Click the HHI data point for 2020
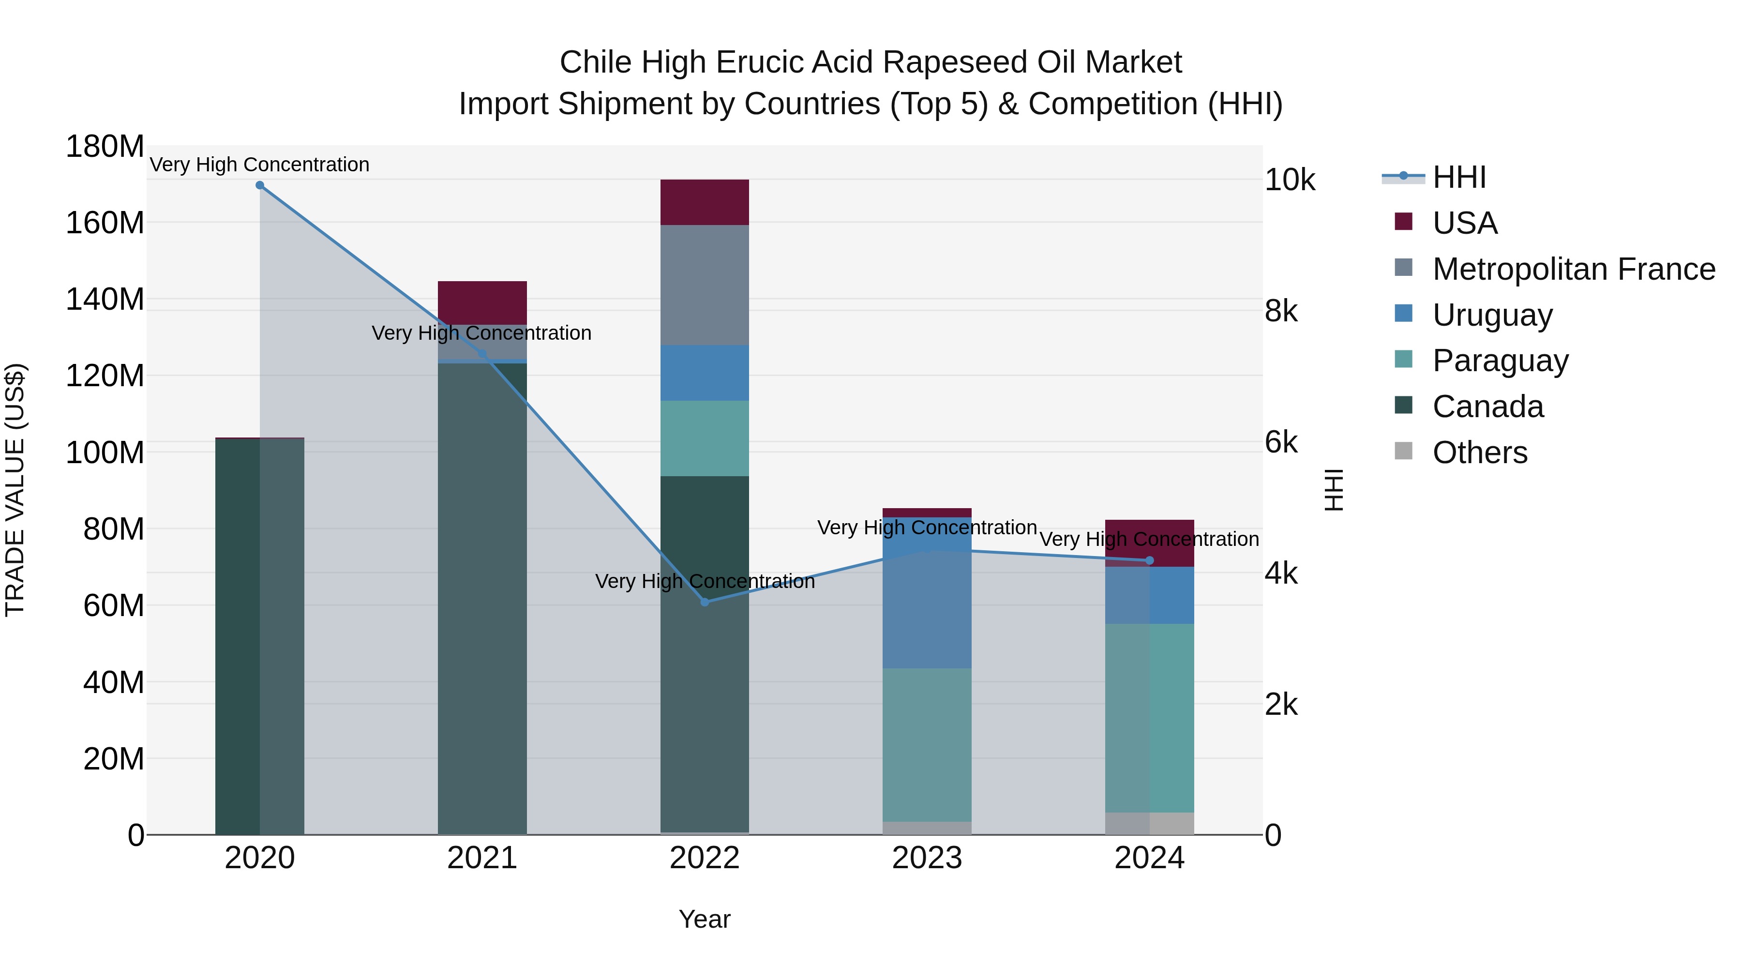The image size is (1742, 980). pos(260,185)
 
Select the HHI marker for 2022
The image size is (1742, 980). pos(705,602)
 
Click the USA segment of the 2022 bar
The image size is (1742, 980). pos(705,202)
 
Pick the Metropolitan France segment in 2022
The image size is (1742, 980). pos(705,285)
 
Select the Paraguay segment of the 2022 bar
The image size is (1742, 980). pos(705,438)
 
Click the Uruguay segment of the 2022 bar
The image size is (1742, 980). pos(705,373)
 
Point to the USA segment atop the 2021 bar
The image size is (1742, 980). pos(482,302)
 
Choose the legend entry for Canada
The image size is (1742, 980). pos(1488,407)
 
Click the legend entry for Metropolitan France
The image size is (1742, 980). pos(1573,269)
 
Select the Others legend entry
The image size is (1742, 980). pos(1480,452)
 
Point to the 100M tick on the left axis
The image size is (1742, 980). pos(105,452)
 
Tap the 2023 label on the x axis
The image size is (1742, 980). pos(927,858)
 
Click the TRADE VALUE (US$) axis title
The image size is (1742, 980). pos(15,490)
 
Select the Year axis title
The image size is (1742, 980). pos(705,919)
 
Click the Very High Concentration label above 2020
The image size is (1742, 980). pos(260,165)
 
